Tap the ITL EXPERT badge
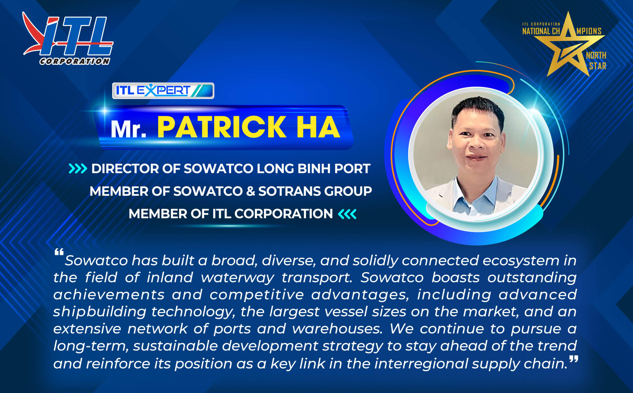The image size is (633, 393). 163,91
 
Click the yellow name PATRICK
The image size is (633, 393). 221,127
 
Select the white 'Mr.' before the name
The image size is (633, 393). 128,129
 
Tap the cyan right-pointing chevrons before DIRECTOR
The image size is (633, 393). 78,169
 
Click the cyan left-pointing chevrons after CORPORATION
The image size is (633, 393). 347,214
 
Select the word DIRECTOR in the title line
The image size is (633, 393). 124,169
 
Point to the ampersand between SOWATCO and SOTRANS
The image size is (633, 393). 250,191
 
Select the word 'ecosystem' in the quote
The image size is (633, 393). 520,261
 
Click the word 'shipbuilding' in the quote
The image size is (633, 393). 99,312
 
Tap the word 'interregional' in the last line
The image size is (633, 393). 421,363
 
